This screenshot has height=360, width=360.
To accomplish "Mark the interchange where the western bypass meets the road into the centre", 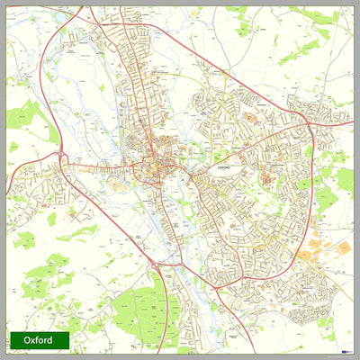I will click(61, 160).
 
